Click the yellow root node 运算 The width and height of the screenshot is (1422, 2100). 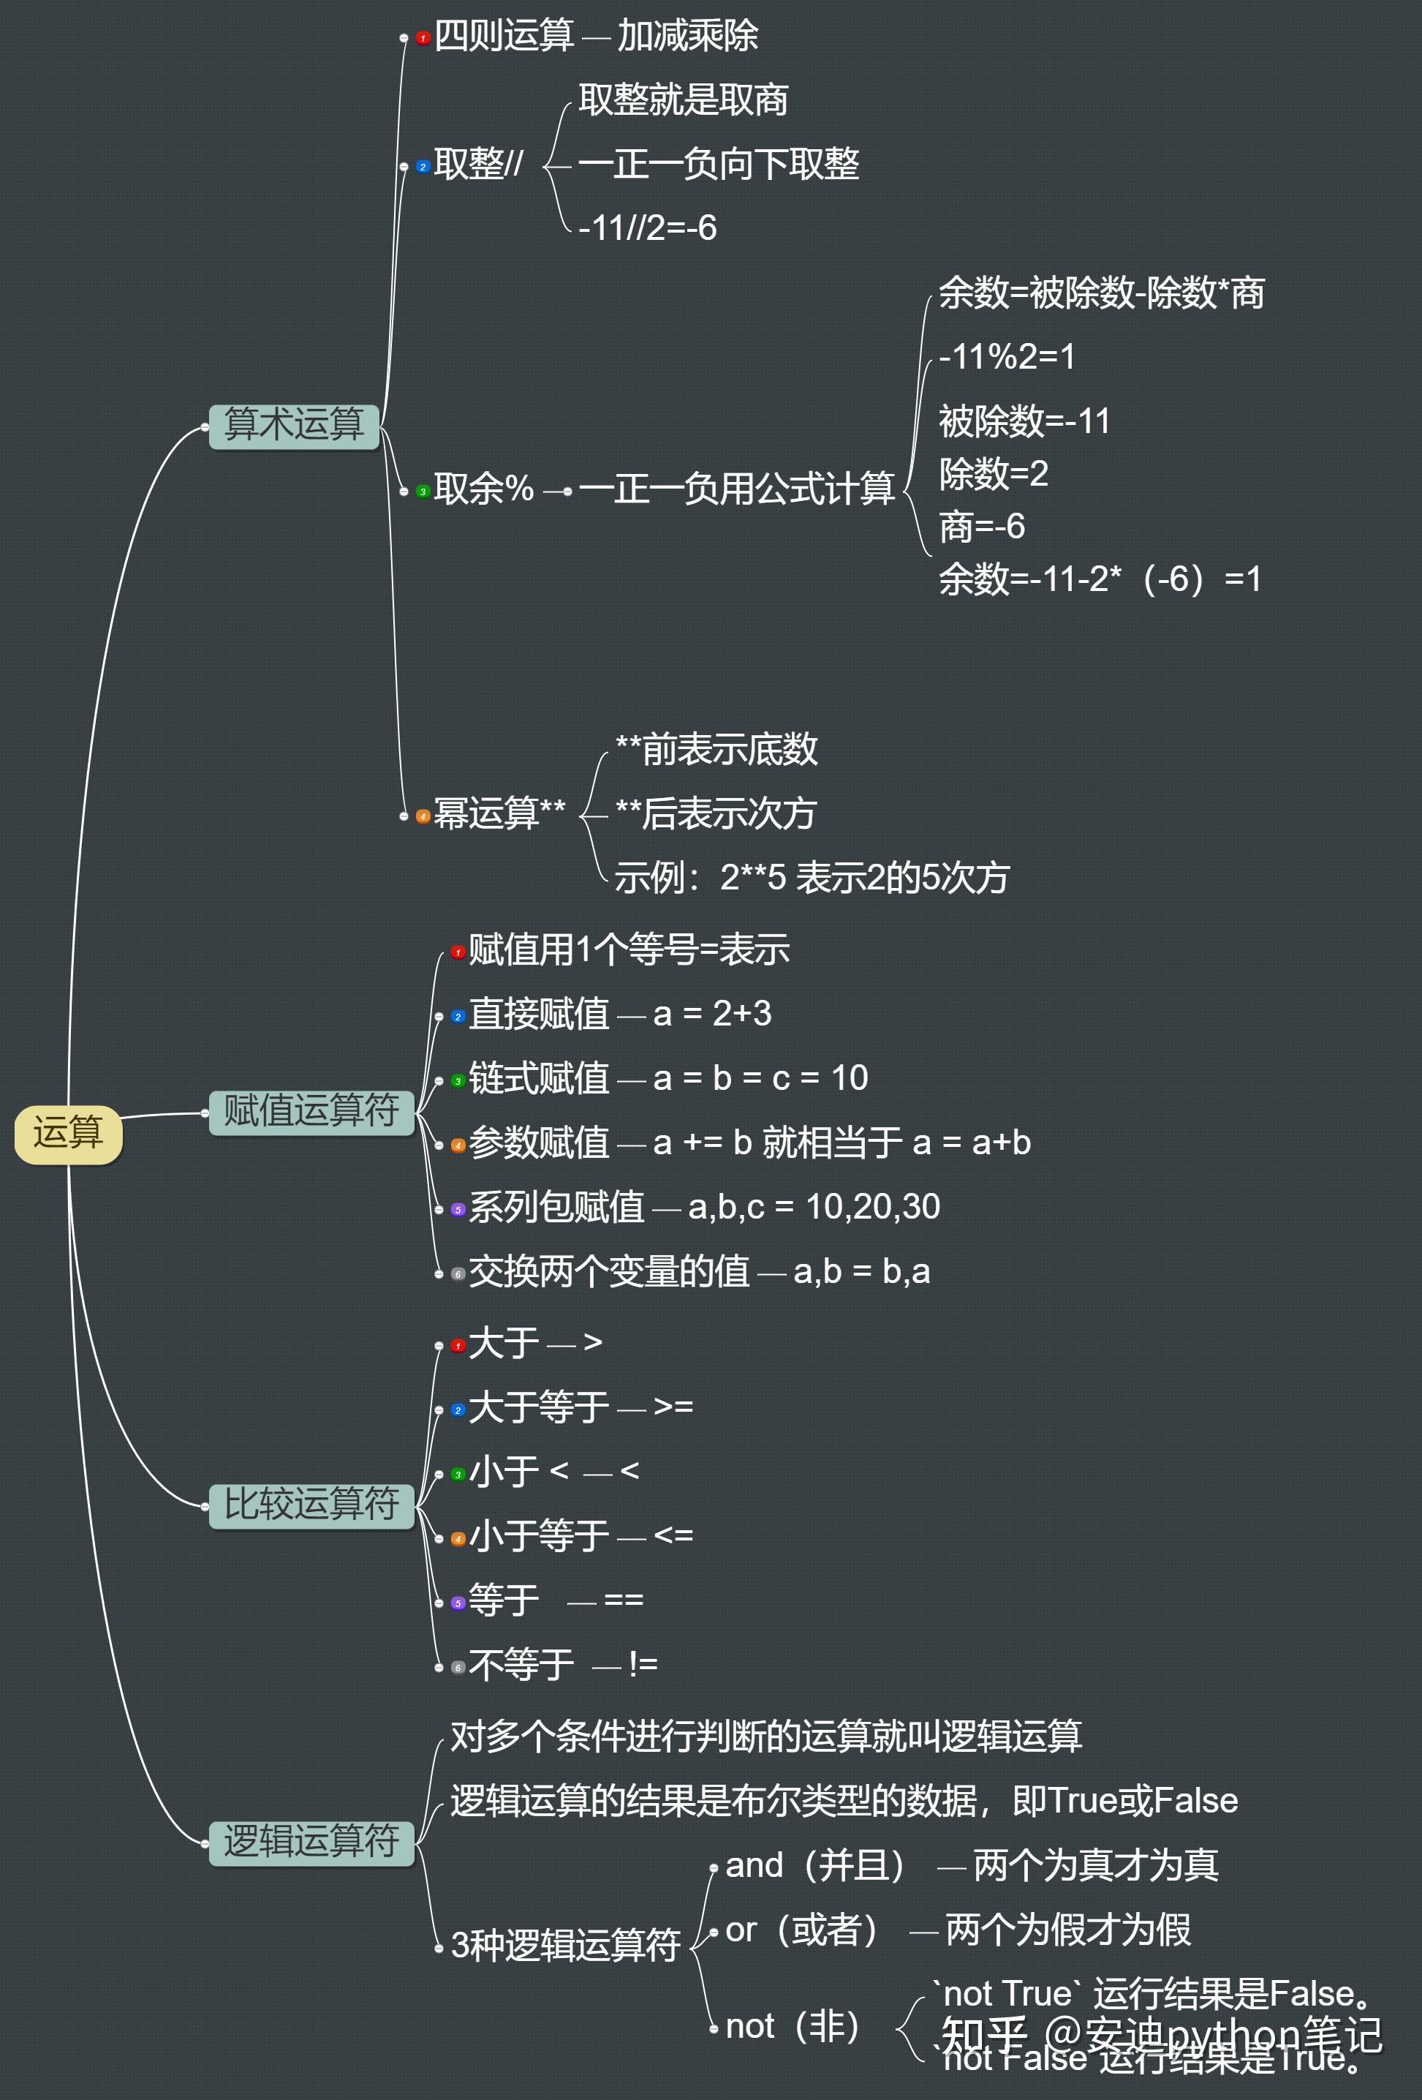68,1133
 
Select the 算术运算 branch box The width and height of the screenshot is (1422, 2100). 294,426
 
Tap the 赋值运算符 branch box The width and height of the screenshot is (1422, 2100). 311,1112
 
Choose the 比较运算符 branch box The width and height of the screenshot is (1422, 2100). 311,1505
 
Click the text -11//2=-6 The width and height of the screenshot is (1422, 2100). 647,227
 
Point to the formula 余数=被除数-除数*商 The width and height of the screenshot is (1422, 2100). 1101,293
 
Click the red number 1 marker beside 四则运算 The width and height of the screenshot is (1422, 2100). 423,38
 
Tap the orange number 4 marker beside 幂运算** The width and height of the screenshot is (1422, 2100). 423,816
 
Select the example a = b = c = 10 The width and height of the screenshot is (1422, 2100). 760,1078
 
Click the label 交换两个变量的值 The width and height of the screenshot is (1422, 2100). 609,1272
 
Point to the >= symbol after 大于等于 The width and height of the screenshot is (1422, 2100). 673,1407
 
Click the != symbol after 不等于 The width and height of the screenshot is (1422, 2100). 643,1663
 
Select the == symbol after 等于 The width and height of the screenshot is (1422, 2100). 624,1600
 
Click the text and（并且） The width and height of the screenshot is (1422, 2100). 815,1865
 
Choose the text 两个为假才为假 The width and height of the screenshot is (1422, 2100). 1068,1930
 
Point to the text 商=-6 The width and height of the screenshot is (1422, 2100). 982,527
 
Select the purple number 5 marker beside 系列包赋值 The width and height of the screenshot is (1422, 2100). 458,1209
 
